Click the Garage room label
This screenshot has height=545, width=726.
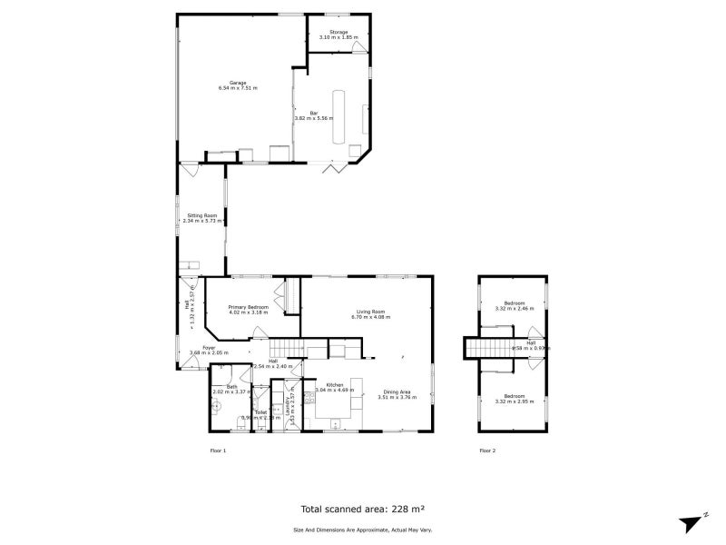[237, 83]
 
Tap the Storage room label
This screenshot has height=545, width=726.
[338, 33]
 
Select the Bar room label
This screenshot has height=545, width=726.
[314, 114]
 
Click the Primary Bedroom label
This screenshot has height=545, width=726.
[248, 307]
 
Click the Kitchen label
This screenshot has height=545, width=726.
[335, 385]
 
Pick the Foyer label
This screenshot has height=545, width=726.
[209, 347]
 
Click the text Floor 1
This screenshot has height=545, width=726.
[218, 450]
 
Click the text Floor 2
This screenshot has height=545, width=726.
[487, 450]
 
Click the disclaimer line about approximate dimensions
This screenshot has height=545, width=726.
[362, 530]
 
